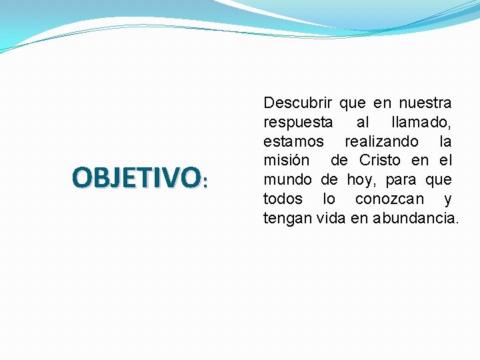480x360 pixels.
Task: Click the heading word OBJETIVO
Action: point(135,177)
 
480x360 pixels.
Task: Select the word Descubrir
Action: point(298,103)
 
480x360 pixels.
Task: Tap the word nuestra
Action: point(425,103)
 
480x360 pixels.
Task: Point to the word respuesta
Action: point(298,123)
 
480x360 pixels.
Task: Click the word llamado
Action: point(421,123)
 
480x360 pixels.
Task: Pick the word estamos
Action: point(293,142)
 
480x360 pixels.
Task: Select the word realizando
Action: point(381,142)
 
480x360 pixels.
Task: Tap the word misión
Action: point(286,161)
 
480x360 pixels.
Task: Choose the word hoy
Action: point(360,180)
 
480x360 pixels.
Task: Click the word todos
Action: point(283,199)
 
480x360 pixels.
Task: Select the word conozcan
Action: point(389,199)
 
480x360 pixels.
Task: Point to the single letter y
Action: point(447,200)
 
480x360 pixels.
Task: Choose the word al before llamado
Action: point(362,123)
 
